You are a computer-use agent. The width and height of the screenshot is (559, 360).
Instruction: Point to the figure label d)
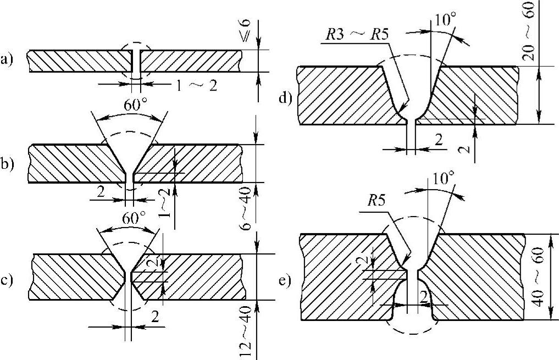tap(284, 98)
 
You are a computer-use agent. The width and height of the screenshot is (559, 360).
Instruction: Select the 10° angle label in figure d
tap(444, 21)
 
